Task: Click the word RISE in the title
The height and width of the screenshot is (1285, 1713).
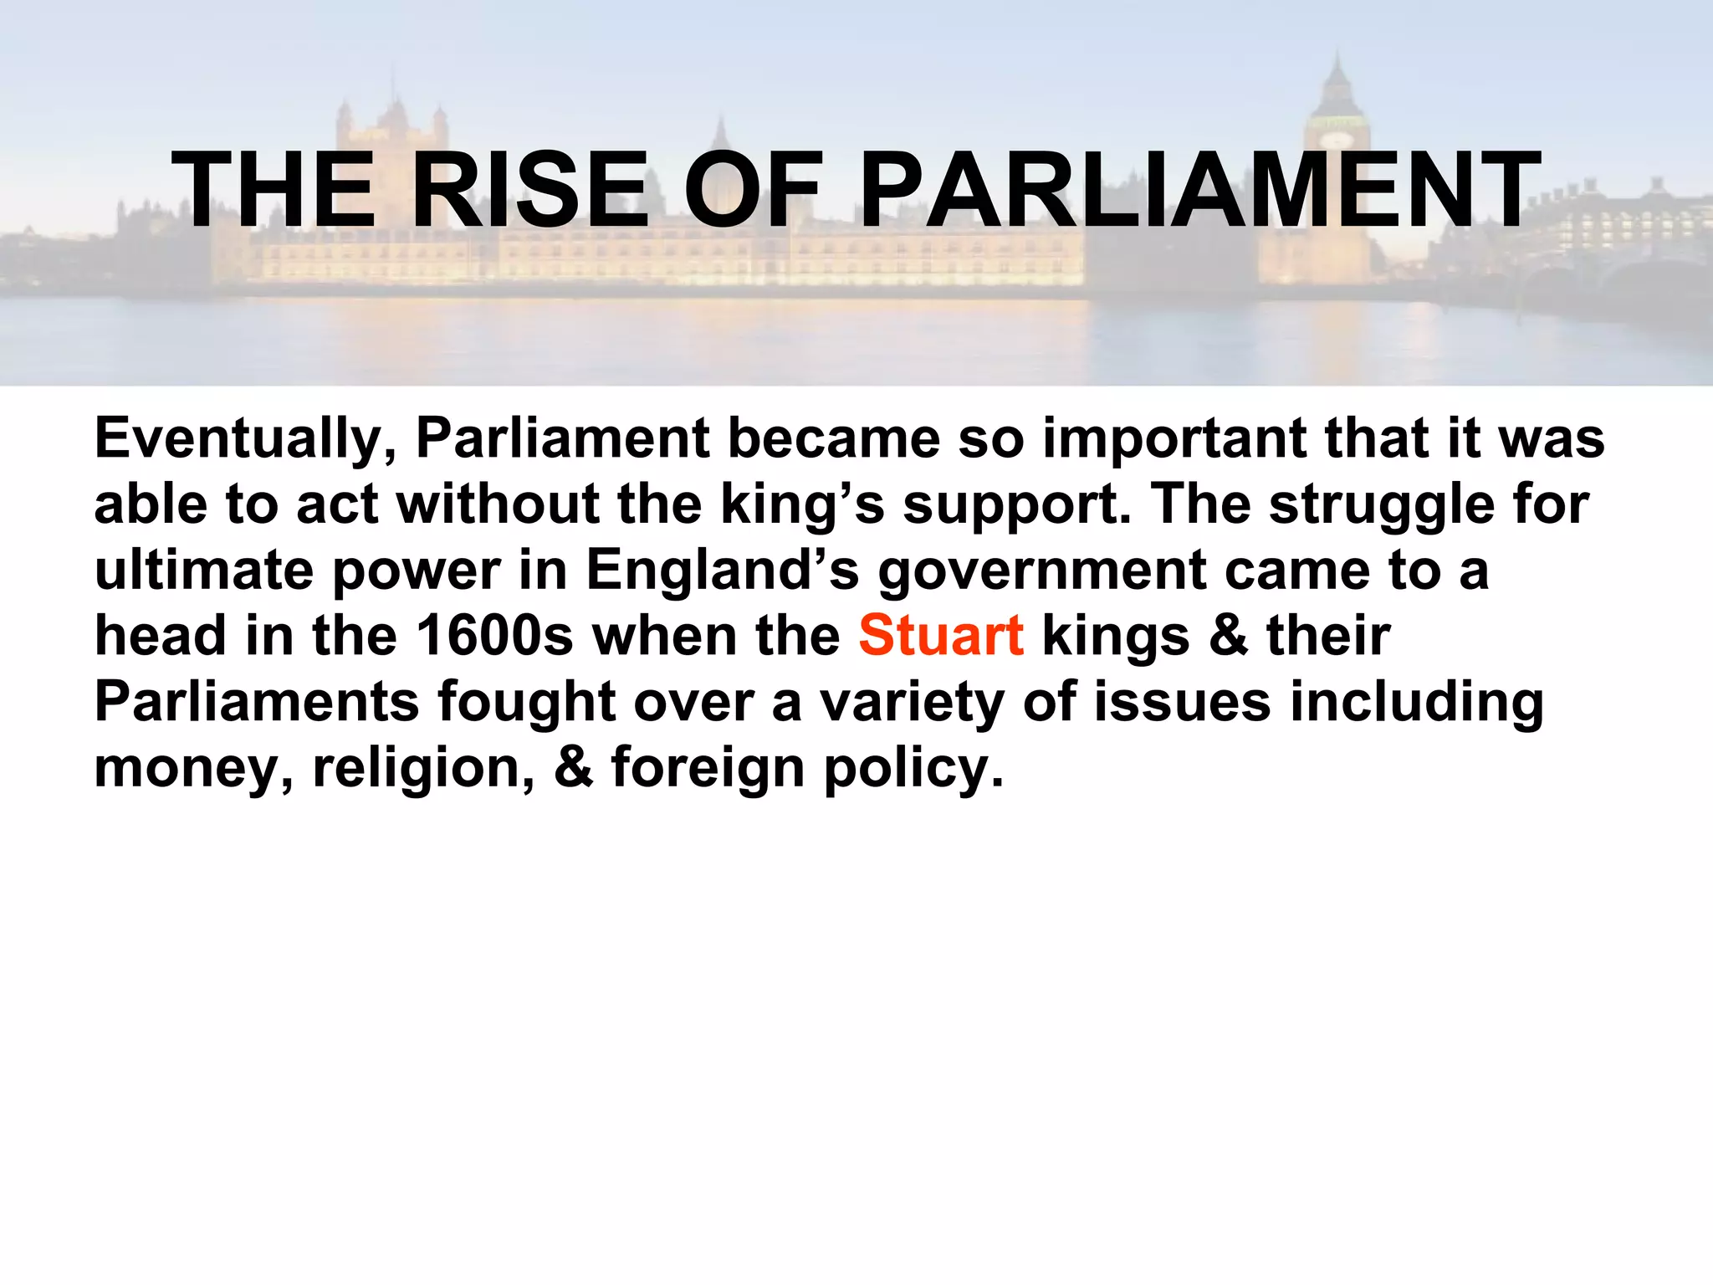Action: [529, 191]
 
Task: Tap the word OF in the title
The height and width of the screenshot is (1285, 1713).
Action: [753, 191]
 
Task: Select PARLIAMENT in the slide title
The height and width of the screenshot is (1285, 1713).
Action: [1199, 191]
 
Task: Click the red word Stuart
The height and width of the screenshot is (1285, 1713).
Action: [941, 636]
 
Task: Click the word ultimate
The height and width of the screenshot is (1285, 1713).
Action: [204, 571]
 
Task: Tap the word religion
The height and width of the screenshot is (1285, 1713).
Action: [423, 768]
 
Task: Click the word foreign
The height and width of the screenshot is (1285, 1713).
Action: [708, 768]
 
